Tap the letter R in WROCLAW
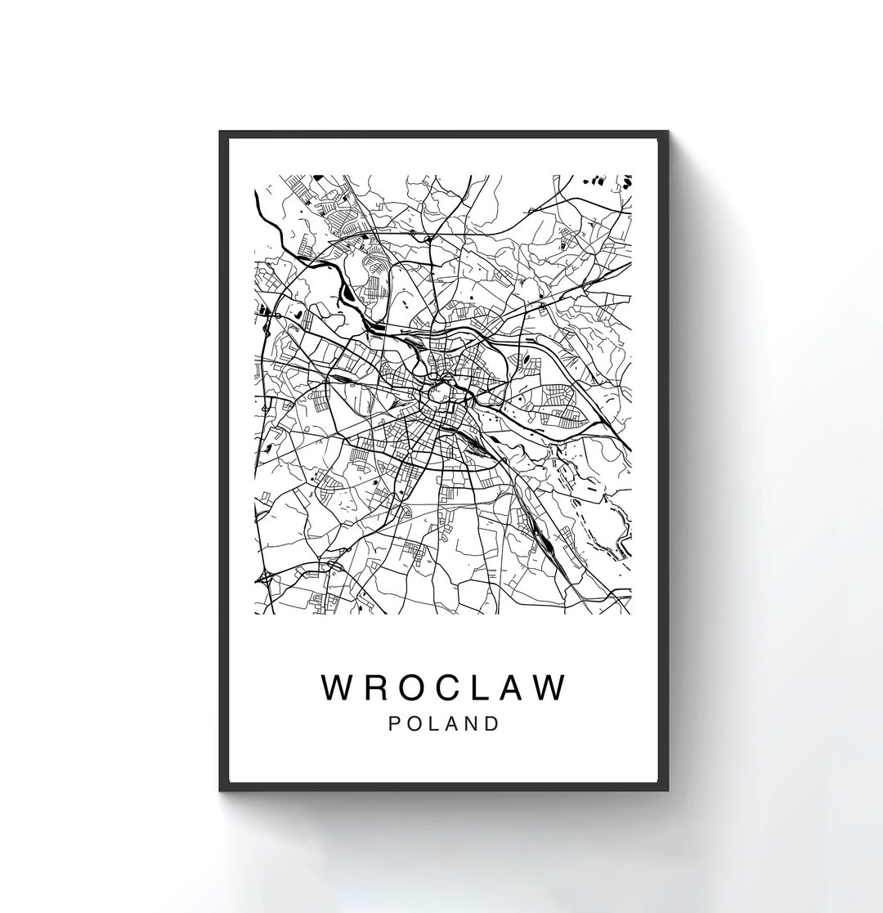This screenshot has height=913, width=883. (377, 687)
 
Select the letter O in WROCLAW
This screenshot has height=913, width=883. (414, 687)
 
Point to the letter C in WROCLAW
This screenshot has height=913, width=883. (452, 687)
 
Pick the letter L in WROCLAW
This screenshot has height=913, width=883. (486, 687)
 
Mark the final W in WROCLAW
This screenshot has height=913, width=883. (551, 687)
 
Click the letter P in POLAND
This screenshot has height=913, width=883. (396, 724)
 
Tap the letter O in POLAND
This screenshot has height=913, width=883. (415, 724)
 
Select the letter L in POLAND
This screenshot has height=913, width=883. (435, 724)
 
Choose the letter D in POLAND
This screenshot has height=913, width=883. (492, 724)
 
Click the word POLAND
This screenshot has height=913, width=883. (444, 724)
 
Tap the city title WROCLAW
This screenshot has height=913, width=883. (444, 687)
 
